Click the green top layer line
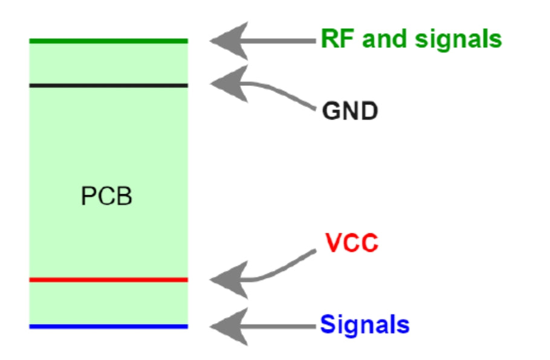(x=109, y=41)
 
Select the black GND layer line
(x=109, y=85)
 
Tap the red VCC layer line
(x=109, y=280)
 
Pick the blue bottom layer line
(x=109, y=327)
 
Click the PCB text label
(x=106, y=197)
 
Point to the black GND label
(x=350, y=111)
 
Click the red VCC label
(x=351, y=243)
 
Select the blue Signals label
(x=364, y=325)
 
